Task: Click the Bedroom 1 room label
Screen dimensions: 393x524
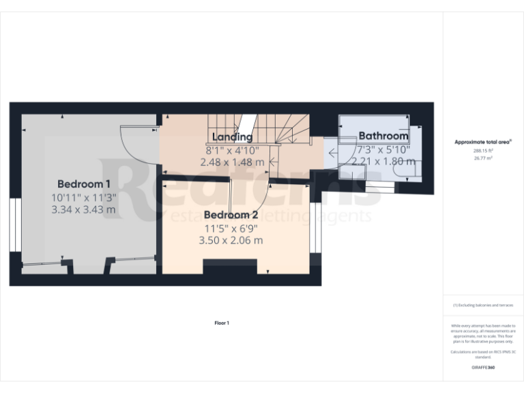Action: click(84, 184)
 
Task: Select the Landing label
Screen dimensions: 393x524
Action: click(232, 137)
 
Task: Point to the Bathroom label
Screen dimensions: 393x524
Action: click(383, 136)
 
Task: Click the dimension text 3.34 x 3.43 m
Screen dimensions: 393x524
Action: click(84, 209)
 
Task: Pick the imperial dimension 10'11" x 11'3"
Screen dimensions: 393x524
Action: click(84, 197)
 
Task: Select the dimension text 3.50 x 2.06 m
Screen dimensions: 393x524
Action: click(231, 240)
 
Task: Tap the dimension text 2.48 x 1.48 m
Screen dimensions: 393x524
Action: click(232, 162)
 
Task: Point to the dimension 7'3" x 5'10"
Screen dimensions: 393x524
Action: click(383, 149)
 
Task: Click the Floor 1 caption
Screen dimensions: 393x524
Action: click(222, 323)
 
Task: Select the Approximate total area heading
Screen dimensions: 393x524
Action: click(483, 142)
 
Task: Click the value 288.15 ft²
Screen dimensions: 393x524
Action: click(483, 151)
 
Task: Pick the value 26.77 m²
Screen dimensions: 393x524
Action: click(483, 158)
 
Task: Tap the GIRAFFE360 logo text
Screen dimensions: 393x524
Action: click(483, 368)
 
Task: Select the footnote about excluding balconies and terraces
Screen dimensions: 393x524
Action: click(483, 305)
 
